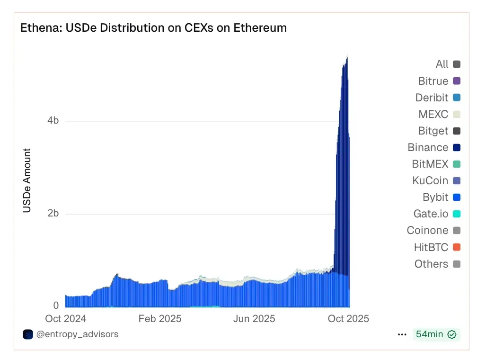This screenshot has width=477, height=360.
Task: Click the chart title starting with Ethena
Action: pyautogui.click(x=153, y=28)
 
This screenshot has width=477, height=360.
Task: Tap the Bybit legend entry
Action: pyautogui.click(x=435, y=198)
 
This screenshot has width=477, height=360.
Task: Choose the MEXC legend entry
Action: pyautogui.click(x=433, y=115)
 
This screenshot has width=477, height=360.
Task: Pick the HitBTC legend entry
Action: pyautogui.click(x=431, y=247)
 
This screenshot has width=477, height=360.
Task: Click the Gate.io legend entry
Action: pyautogui.click(x=431, y=214)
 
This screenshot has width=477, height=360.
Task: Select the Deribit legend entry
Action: pyautogui.click(x=432, y=98)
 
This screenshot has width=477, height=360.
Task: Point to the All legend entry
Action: pyautogui.click(x=442, y=64)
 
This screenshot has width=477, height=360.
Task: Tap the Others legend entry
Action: pyautogui.click(x=431, y=264)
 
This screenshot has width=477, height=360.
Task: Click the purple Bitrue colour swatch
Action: pyautogui.click(x=457, y=81)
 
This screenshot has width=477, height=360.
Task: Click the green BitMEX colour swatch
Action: pyautogui.click(x=457, y=164)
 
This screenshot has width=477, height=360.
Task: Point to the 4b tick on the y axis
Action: pyautogui.click(x=53, y=121)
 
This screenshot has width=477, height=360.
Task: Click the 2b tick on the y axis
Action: pyautogui.click(x=53, y=214)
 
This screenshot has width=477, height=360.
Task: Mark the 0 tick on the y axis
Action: pyautogui.click(x=56, y=306)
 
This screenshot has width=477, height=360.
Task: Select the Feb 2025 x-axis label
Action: pyautogui.click(x=160, y=319)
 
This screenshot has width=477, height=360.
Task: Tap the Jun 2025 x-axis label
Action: pyautogui.click(x=254, y=319)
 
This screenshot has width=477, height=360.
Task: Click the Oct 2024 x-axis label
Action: pyautogui.click(x=66, y=319)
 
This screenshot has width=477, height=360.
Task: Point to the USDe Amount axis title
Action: pyautogui.click(x=27, y=181)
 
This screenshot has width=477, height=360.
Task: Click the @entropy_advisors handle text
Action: pyautogui.click(x=77, y=334)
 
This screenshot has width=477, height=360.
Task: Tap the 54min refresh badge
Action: pyautogui.click(x=435, y=334)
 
